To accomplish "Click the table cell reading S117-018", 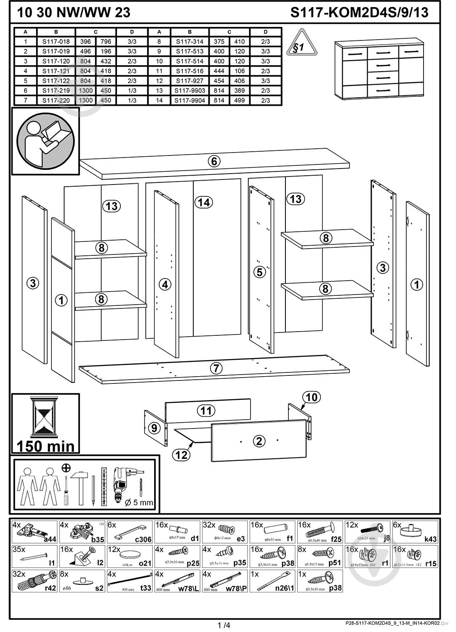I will click(56, 41).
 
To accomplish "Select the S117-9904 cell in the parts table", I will click(190, 100).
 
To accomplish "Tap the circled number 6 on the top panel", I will click(214, 161).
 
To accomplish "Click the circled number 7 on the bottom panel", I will click(216, 368).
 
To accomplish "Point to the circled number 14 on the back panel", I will click(203, 203).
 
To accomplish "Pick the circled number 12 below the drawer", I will click(181, 455).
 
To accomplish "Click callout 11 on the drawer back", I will click(206, 410).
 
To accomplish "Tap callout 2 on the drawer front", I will click(259, 441).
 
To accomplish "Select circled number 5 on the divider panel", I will click(260, 272).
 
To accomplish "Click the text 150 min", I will click(45, 446).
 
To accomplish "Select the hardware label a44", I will click(50, 539).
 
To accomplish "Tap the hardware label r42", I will click(50, 588).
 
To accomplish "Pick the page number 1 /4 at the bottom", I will click(224, 625).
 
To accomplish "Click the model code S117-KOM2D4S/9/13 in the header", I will click(359, 13).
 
